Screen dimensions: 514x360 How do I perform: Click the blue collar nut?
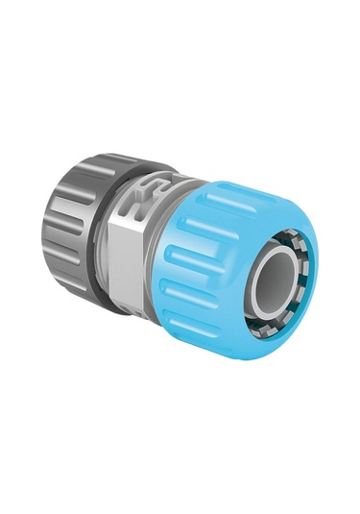pos(206,259)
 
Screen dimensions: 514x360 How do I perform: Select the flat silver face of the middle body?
pos(126,264)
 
